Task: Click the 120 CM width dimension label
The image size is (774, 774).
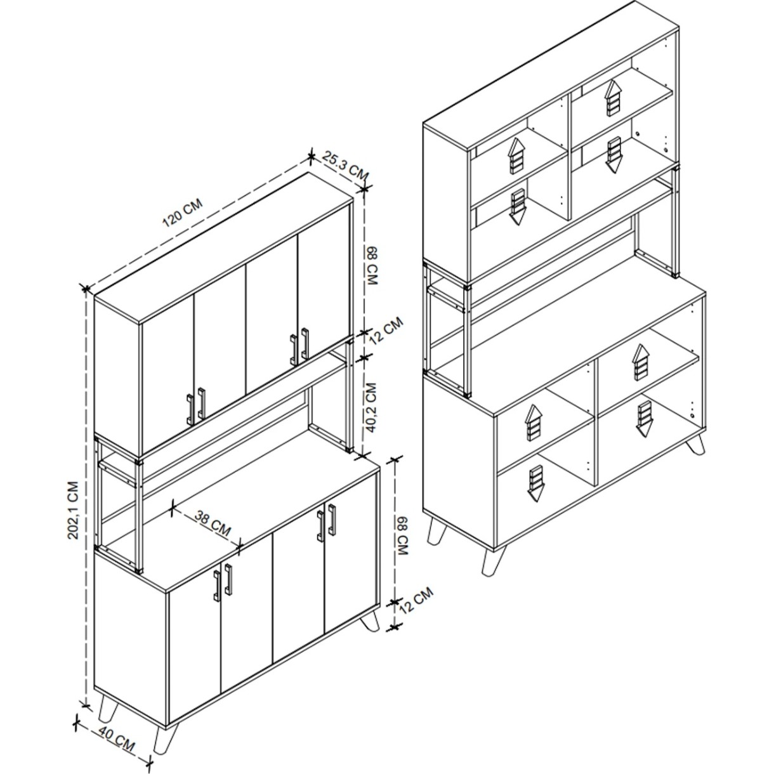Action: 183,213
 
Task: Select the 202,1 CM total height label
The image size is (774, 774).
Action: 73,510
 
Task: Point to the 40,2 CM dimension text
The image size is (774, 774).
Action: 372,407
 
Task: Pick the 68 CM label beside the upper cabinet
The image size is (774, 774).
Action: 372,266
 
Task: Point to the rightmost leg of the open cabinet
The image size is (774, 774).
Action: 696,445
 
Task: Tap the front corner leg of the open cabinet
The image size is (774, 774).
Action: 492,561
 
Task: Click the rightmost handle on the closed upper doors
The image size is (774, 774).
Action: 305,343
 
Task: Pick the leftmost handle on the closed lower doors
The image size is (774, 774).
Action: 217,586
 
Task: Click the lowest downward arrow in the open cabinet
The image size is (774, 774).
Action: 535,483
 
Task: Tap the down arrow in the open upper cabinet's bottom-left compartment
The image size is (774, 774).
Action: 518,207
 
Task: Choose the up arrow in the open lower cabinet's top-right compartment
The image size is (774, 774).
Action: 640,362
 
